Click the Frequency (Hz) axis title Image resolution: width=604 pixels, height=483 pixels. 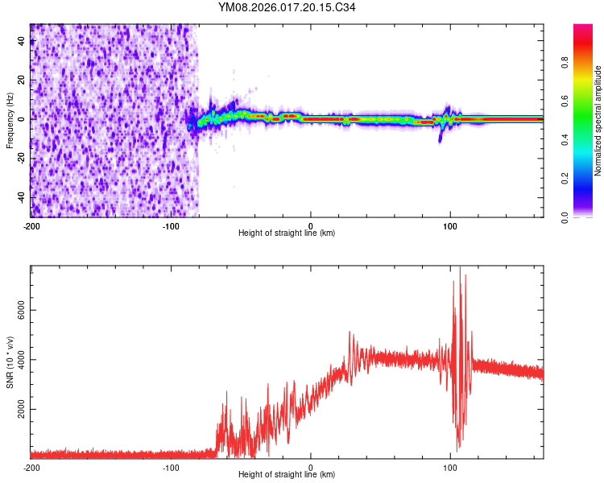point(10,120)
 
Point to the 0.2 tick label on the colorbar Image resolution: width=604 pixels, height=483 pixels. point(588,178)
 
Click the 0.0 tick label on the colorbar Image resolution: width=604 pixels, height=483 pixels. point(588,216)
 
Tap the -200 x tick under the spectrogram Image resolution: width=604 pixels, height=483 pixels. point(31,225)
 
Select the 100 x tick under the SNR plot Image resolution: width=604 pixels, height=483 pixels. point(451,467)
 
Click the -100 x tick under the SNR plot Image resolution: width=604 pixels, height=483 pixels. point(171,467)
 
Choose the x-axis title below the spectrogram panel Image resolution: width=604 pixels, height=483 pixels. point(287,233)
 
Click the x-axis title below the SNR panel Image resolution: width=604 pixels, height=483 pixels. point(287,475)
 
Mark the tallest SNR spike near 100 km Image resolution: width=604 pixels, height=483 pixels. point(461,269)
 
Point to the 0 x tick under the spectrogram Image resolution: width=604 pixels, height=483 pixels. point(311,225)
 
